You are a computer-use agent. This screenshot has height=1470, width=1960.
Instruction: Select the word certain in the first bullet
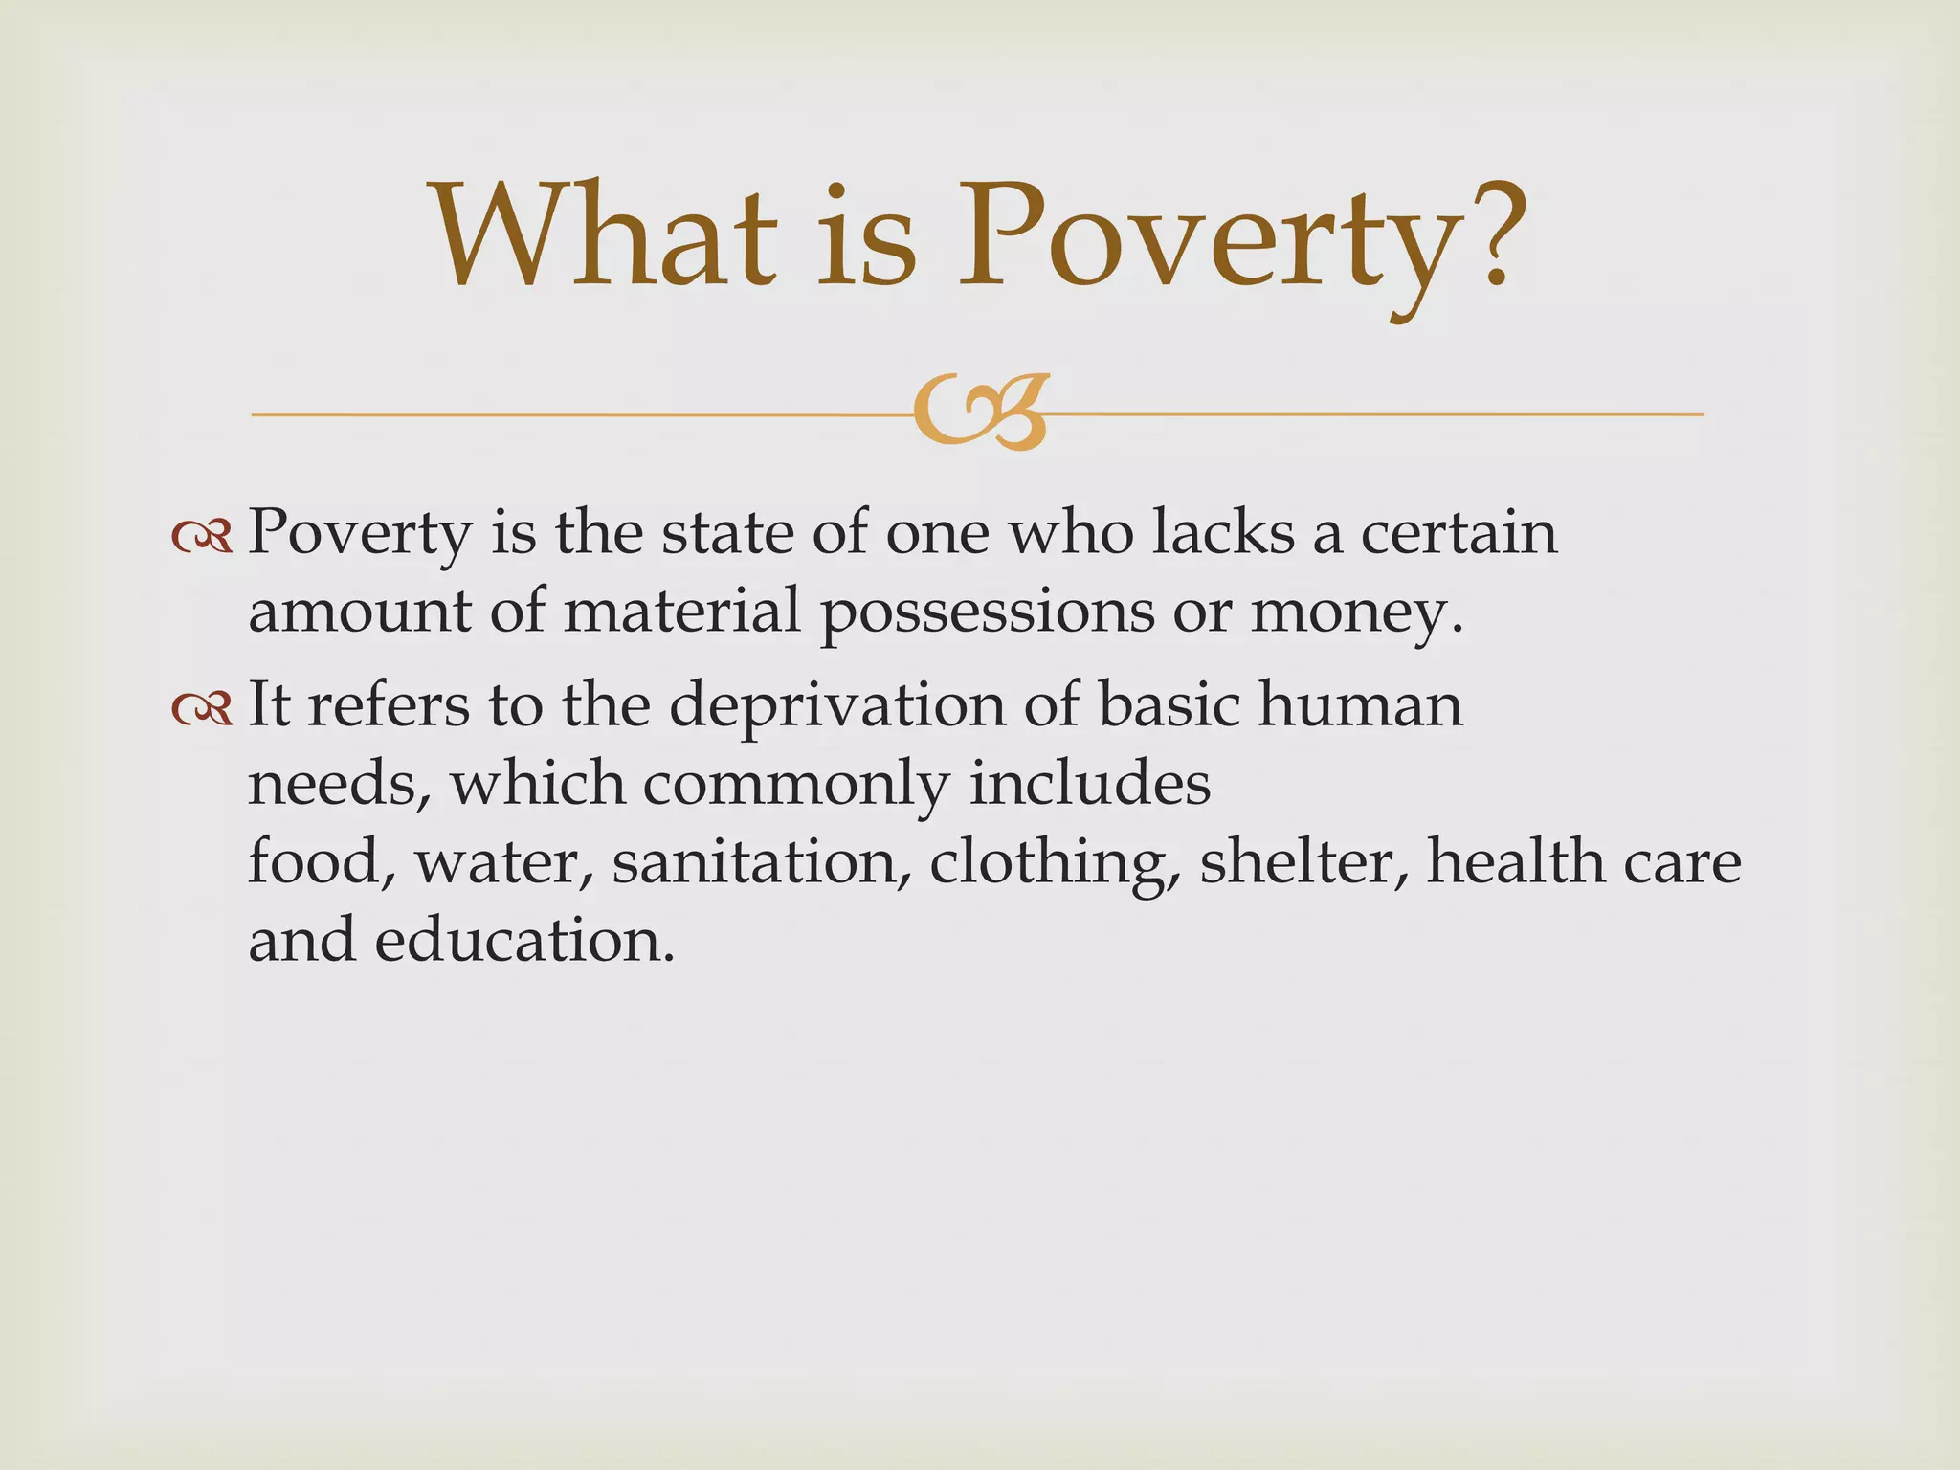point(1459,532)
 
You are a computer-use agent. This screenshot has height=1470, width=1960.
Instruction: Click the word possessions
point(988,612)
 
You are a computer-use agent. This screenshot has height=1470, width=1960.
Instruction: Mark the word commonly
point(795,785)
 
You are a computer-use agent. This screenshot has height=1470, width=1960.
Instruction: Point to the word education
point(518,940)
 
